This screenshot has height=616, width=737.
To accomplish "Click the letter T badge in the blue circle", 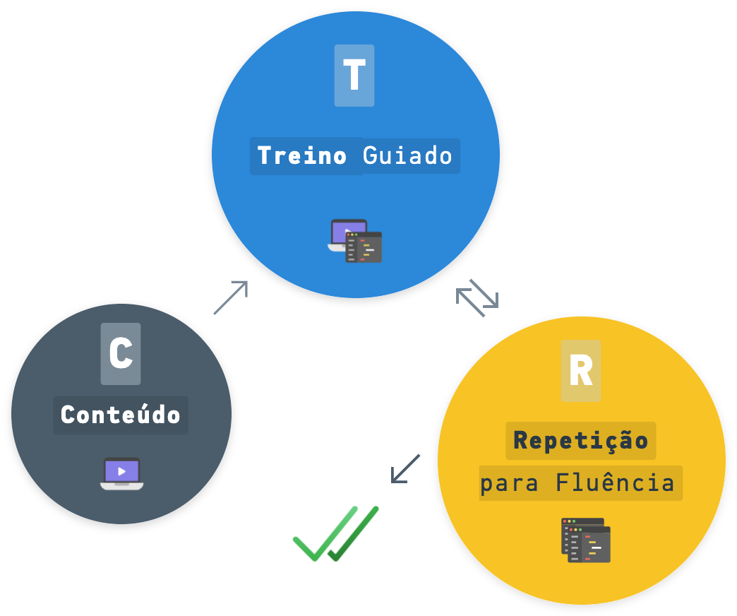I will (x=354, y=76).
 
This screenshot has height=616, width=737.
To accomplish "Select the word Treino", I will (x=302, y=155).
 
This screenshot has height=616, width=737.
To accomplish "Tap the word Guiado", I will (x=407, y=155).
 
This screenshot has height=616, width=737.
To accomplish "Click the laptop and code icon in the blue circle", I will (x=355, y=241).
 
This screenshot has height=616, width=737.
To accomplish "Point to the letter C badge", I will (x=121, y=353).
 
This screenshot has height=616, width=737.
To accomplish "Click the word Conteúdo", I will (x=121, y=415).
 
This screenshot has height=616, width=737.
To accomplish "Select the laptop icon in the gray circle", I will (x=121, y=473).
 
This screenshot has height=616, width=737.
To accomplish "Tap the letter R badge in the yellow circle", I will (x=581, y=371).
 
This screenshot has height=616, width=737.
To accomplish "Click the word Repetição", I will (x=581, y=440).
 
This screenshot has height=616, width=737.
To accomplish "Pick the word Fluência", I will (x=615, y=483).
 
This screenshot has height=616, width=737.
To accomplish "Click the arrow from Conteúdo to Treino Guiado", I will (x=232, y=297).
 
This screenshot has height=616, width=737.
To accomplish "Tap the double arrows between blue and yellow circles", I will (x=477, y=297).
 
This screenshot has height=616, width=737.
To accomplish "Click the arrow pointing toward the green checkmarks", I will (x=405, y=469).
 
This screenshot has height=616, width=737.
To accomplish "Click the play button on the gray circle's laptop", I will (x=122, y=470).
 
